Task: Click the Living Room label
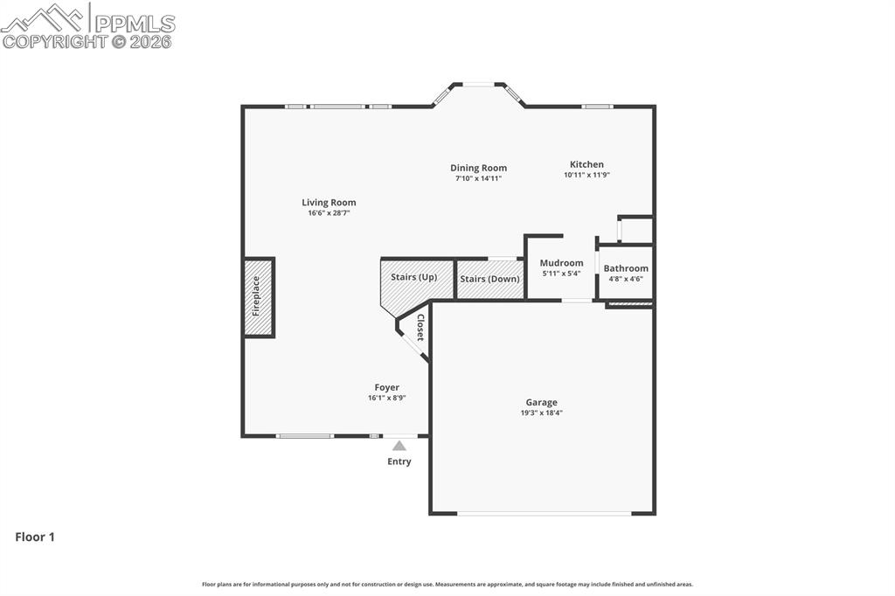329,203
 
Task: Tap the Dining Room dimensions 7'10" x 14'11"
478,178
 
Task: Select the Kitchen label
586,164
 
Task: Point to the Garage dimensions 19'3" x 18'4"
541,413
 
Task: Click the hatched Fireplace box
259,297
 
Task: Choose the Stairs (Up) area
413,278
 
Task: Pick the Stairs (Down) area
489,280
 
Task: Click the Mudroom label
561,263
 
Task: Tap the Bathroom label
626,268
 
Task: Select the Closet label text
420,328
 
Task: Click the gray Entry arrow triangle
399,446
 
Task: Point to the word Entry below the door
399,461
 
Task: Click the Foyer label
386,387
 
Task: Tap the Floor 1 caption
35,537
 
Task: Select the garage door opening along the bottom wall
544,513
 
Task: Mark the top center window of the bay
478,85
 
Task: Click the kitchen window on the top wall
598,107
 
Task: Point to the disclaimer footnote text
447,585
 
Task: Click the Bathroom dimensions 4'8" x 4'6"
626,280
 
